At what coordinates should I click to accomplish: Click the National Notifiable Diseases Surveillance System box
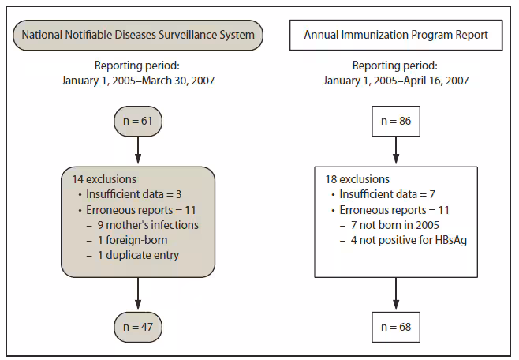coord(137,35)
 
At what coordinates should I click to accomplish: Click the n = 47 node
coord(137,325)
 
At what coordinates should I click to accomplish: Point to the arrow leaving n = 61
coord(137,150)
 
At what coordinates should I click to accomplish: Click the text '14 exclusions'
coord(103,179)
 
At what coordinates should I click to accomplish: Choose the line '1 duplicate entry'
coord(139,255)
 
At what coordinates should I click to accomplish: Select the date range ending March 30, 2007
coord(137,80)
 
